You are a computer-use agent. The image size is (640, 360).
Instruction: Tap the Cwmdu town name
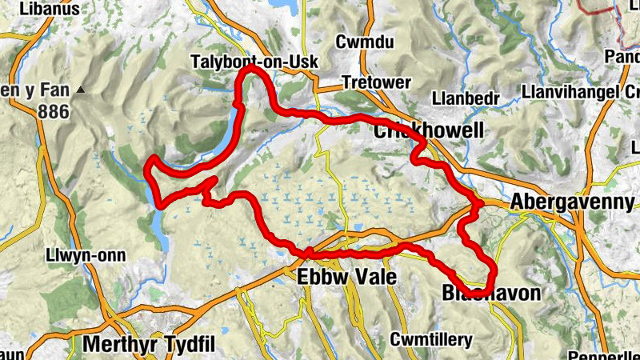(366, 42)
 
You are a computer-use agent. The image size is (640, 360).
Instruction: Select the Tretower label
(376, 82)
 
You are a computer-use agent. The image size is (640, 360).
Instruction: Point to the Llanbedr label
(465, 98)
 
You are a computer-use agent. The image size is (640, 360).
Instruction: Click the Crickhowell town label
(429, 130)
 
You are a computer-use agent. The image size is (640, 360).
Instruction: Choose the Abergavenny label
(574, 201)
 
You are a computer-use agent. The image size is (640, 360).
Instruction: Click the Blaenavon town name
(490, 294)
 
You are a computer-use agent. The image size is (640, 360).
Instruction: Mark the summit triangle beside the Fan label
(80, 92)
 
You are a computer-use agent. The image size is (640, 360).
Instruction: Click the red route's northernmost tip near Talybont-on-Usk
(250, 69)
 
